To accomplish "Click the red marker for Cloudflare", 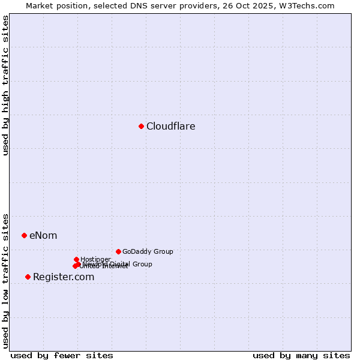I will [x=141, y=126].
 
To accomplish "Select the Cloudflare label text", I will [x=171, y=126].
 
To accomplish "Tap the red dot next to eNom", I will [x=24, y=235].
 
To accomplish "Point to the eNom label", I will [x=43, y=235].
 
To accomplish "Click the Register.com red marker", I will [x=28, y=277].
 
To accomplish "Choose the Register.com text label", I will [x=64, y=277].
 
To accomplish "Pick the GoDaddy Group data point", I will [x=118, y=251].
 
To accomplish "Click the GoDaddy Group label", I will [x=148, y=251].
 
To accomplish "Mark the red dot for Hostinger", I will [x=76, y=259].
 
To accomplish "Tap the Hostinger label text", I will [x=95, y=259].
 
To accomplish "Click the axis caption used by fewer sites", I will [x=62, y=355].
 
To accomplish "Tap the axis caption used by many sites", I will [x=301, y=355].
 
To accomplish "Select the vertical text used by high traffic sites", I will [x=6, y=86].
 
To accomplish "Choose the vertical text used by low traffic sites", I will [x=6, y=280].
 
